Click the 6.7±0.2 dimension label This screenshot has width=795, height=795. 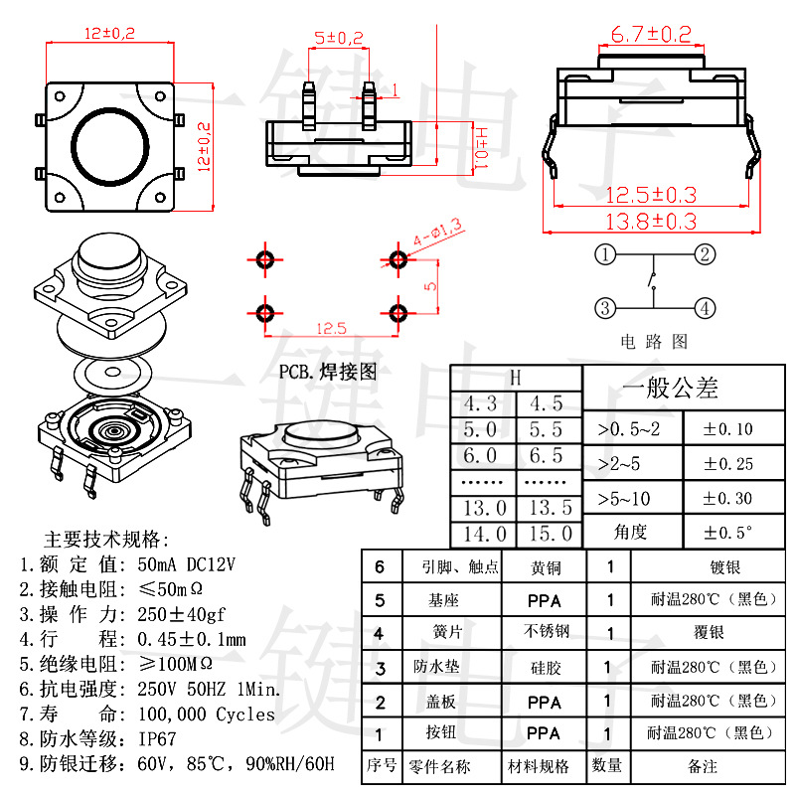(651, 35)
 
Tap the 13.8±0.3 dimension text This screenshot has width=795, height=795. (651, 222)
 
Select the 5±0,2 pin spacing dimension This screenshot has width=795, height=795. (339, 38)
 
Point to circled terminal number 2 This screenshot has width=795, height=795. (705, 254)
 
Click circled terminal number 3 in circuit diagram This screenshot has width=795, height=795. (605, 308)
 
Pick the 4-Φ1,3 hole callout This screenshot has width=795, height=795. (437, 233)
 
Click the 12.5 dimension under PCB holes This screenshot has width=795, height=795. (331, 329)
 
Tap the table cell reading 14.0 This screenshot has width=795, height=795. (485, 534)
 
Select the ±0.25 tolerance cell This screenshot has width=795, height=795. (728, 463)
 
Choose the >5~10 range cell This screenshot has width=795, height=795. (624, 499)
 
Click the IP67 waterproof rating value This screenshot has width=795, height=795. (157, 738)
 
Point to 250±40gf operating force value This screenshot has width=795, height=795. (181, 614)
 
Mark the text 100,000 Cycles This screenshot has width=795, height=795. (207, 714)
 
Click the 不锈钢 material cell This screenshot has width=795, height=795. (546, 631)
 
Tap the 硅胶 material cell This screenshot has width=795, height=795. (546, 667)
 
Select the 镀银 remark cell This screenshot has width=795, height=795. (725, 566)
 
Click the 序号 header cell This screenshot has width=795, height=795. (382, 764)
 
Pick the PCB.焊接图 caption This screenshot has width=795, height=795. (328, 372)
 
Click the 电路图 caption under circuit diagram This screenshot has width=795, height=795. (654, 341)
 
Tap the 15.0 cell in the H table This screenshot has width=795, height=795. (551, 534)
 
